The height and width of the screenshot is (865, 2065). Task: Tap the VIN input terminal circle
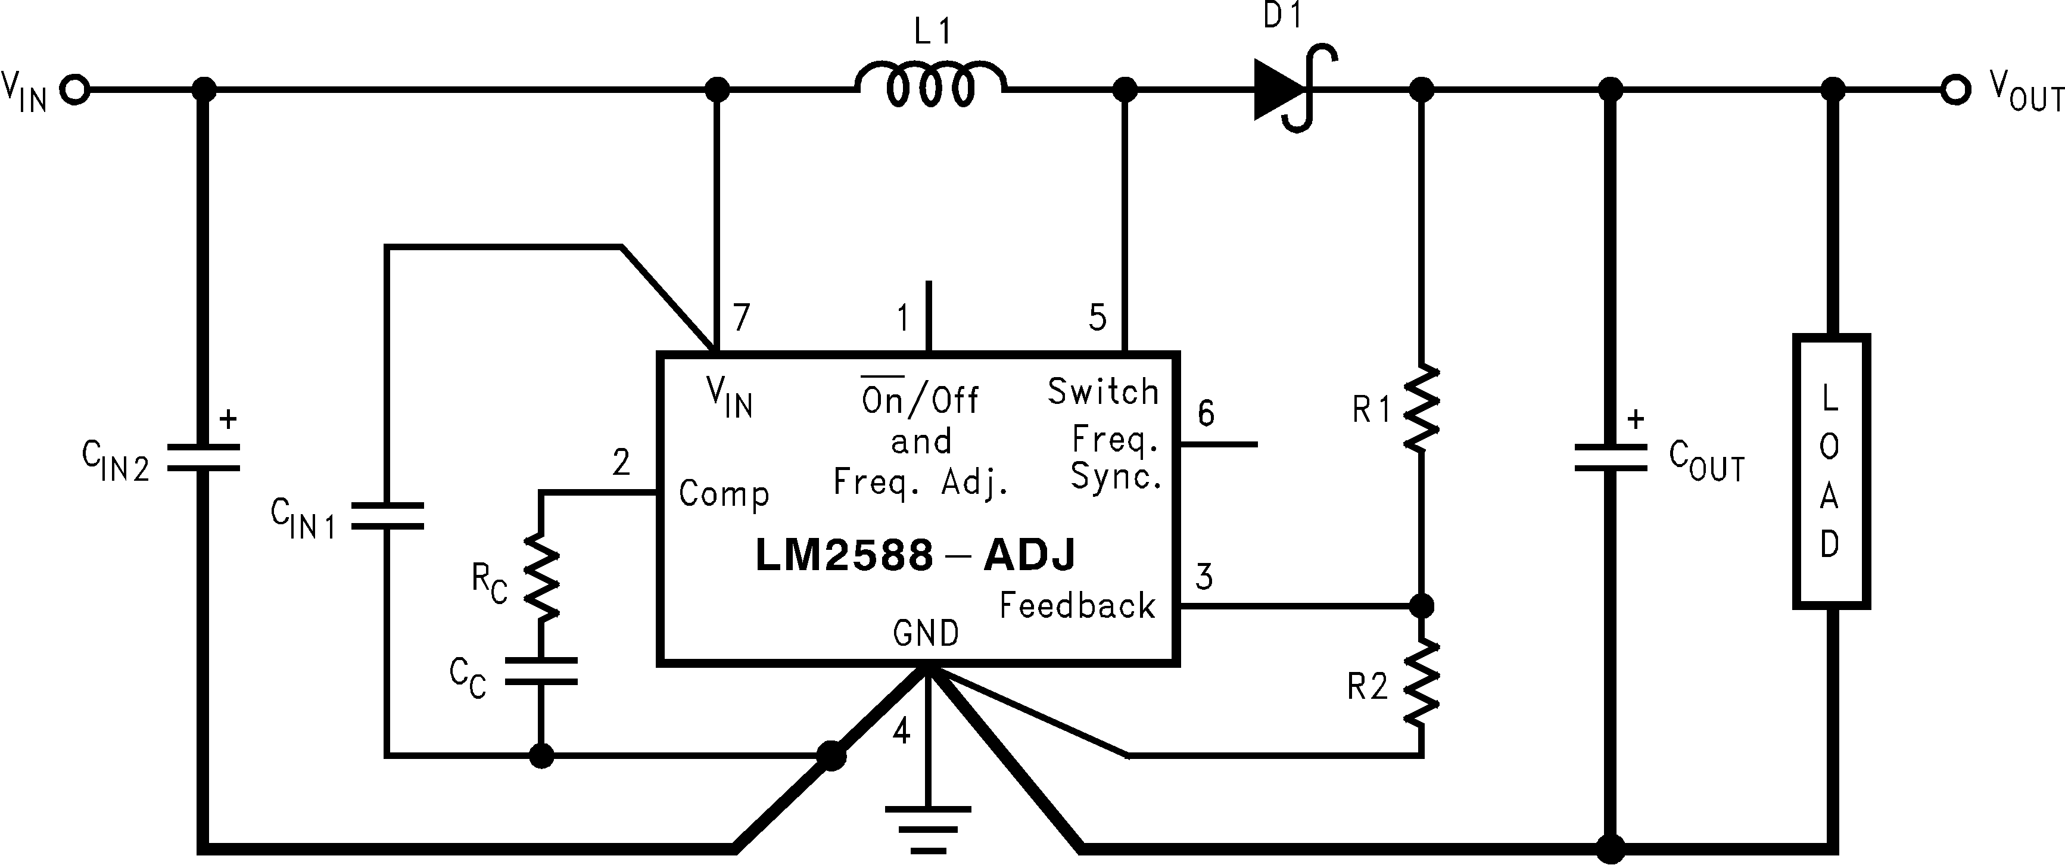pos(76,90)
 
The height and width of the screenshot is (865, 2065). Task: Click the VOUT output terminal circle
pos(1955,90)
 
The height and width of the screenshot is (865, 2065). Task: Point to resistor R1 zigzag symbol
pos(1421,408)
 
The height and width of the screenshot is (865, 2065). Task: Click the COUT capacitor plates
pos(1611,458)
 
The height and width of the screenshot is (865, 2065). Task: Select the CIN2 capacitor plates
pos(204,456)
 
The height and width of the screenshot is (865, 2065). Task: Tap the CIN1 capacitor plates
pos(387,515)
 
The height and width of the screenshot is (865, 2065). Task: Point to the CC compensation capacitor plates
pos(541,671)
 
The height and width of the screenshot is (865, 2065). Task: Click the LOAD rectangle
pos(1831,471)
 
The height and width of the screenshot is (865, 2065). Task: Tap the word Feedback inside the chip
pos(1077,605)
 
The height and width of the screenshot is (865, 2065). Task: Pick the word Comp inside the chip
pos(724,494)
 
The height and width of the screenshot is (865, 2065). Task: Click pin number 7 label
pos(742,318)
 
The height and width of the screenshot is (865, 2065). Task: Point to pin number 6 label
pos(1206,413)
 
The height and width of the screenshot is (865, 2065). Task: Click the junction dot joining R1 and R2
pos(1421,605)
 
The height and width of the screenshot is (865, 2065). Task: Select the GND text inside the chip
pos(926,633)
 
